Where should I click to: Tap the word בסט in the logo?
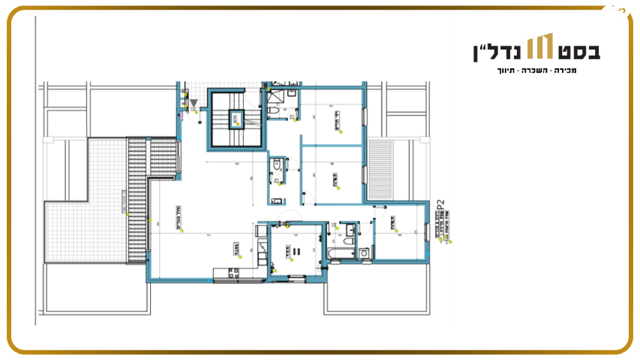[579, 51]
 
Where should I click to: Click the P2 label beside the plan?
[441, 207]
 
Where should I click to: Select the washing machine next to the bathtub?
[365, 253]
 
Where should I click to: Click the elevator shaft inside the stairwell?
[236, 117]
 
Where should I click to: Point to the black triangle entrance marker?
[194, 103]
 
